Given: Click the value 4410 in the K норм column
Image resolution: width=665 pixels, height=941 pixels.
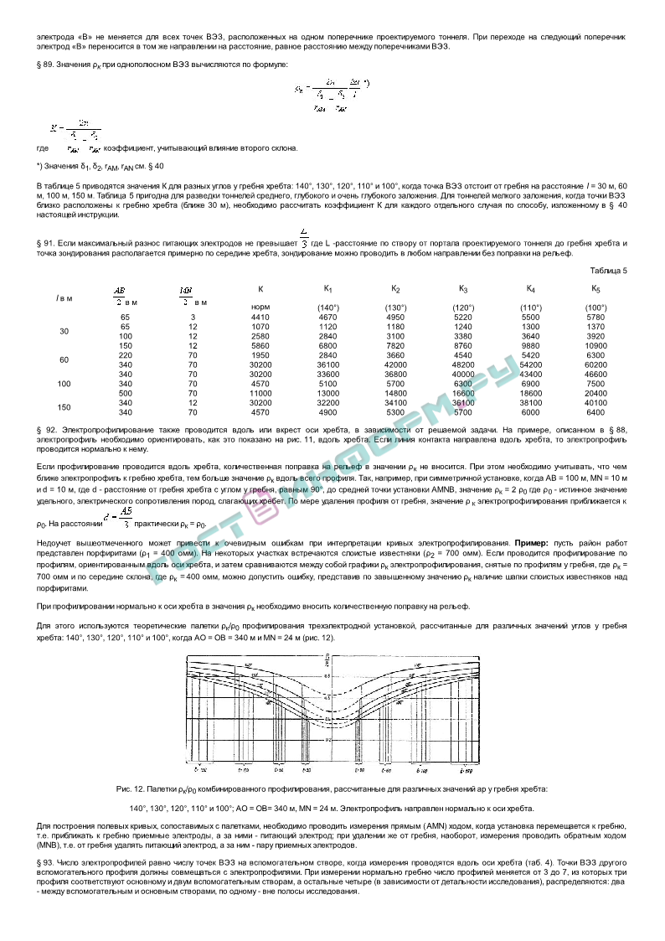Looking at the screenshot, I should pos(260,318).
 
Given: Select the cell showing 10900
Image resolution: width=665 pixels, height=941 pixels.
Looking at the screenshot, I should pos(595,345).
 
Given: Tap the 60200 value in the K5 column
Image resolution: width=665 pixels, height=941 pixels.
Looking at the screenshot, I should pos(595,365).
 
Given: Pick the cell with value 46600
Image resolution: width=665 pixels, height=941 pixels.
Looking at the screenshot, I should pos(595,374).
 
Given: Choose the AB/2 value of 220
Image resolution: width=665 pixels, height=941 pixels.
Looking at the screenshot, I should pos(126,355).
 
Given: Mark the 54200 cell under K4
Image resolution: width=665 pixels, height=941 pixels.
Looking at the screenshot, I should pos(531,365).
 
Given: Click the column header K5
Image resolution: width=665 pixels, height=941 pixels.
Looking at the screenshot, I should pos(595,289).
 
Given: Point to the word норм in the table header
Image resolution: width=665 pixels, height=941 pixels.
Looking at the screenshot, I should pos(260,308).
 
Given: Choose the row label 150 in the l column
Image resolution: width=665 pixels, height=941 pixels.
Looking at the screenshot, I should pos(64,406).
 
